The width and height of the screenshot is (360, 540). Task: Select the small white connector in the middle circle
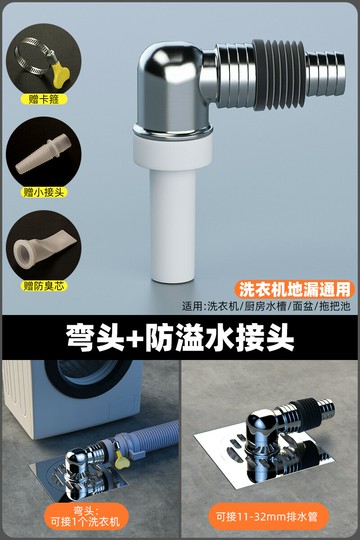pyautogui.click(x=39, y=151)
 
